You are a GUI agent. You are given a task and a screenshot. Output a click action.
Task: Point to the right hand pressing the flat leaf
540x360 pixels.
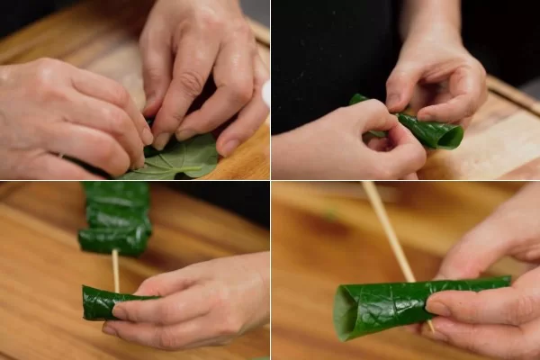click(x=202, y=72)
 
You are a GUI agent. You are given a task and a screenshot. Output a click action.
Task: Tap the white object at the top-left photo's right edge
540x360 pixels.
click(x=265, y=93)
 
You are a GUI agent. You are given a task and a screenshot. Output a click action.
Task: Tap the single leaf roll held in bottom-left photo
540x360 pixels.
click(x=103, y=303)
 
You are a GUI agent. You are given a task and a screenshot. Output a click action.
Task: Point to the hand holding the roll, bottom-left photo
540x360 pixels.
click(x=198, y=301)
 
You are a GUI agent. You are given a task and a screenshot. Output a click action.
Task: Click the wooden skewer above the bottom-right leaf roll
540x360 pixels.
click(x=387, y=229)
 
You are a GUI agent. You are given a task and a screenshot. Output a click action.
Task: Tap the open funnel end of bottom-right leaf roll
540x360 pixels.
click(x=346, y=311)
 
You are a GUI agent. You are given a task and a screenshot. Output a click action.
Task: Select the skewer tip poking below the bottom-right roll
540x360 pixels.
click(x=429, y=326)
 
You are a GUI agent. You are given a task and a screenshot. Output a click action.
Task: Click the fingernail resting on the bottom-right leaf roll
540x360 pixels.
click(x=438, y=307)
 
